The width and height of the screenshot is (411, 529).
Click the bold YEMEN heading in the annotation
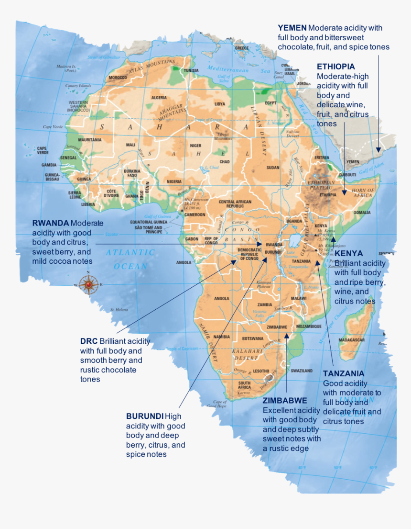[292, 28]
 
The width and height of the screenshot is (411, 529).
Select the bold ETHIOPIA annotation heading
[335, 67]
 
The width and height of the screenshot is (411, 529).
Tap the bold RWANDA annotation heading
[50, 223]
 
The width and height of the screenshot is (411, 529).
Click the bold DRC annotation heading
[89, 341]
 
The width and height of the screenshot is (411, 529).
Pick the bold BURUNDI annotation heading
[145, 416]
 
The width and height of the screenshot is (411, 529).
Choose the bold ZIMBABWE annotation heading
[285, 400]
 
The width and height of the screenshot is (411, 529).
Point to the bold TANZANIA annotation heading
[344, 373]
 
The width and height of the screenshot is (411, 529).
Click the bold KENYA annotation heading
[348, 253]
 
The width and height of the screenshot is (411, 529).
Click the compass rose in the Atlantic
[88, 284]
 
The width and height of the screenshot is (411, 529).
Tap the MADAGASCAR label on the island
[351, 340]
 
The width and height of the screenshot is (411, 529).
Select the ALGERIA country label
[159, 98]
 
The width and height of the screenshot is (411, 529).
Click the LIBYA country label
[219, 103]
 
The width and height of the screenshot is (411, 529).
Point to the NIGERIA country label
[174, 181]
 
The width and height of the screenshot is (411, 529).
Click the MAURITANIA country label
[90, 140]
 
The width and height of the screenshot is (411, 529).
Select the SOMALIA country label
[362, 212]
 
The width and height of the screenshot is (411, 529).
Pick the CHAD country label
[224, 162]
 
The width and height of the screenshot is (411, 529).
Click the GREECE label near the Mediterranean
[241, 48]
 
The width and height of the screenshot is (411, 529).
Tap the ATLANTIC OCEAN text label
[130, 259]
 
